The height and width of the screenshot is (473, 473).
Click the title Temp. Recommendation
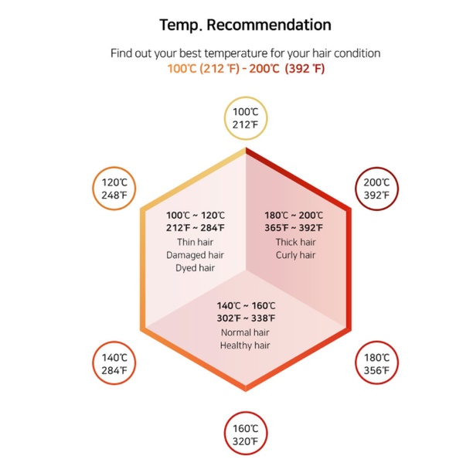pyautogui.click(x=245, y=25)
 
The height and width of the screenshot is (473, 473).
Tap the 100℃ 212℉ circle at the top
pyautogui.click(x=245, y=118)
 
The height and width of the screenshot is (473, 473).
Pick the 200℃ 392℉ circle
pyautogui.click(x=376, y=189)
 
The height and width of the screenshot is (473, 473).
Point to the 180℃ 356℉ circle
pyautogui.click(x=376, y=363)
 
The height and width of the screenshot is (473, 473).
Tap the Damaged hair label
pyautogui.click(x=196, y=255)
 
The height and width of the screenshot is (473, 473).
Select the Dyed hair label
pyautogui.click(x=196, y=268)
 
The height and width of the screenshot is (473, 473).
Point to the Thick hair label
pyautogui.click(x=296, y=242)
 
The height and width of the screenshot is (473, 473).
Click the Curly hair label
pyautogui.click(x=296, y=255)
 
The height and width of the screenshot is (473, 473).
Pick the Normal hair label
pyautogui.click(x=245, y=332)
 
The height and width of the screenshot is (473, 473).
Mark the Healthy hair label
pyautogui.click(x=245, y=345)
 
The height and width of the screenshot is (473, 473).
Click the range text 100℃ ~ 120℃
pyautogui.click(x=196, y=215)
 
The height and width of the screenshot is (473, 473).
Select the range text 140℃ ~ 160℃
pyautogui.click(x=246, y=305)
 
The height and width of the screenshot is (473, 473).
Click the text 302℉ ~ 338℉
pyautogui.click(x=246, y=318)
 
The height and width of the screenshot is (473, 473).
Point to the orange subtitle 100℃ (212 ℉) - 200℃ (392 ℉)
pyautogui.click(x=246, y=69)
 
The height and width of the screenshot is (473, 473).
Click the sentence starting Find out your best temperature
pyautogui.click(x=245, y=53)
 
